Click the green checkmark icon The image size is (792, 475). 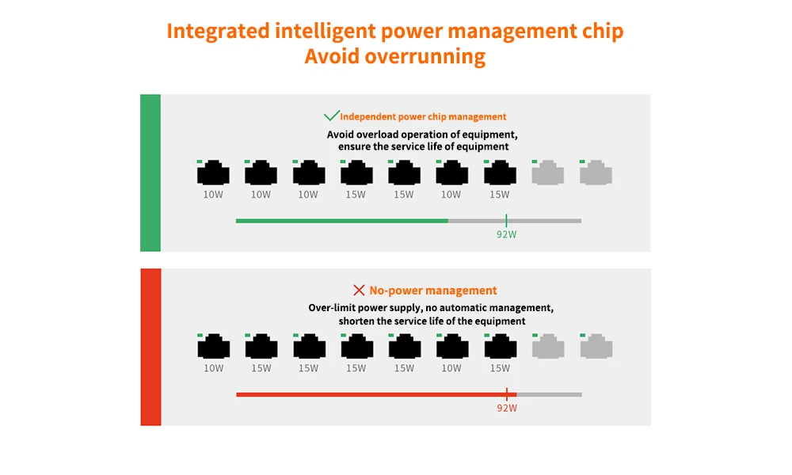point(331,116)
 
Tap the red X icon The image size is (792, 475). point(359,291)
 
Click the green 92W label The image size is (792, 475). point(506,234)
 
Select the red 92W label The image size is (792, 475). point(507,408)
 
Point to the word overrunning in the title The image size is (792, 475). point(425,56)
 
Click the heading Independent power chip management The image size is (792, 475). point(423,116)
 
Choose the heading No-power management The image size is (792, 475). point(433,291)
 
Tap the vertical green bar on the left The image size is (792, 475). point(150,173)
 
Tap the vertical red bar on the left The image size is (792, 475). point(150,347)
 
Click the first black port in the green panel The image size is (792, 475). point(213,173)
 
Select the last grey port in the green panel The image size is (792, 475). point(596,173)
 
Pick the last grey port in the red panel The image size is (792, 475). point(596,346)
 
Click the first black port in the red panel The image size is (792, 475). point(214,346)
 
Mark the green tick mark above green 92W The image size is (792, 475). point(506,220)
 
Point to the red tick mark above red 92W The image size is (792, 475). point(507,394)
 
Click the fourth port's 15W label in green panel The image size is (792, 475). point(356,194)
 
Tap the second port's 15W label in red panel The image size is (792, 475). point(261,368)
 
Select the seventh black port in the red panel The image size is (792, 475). point(501,346)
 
